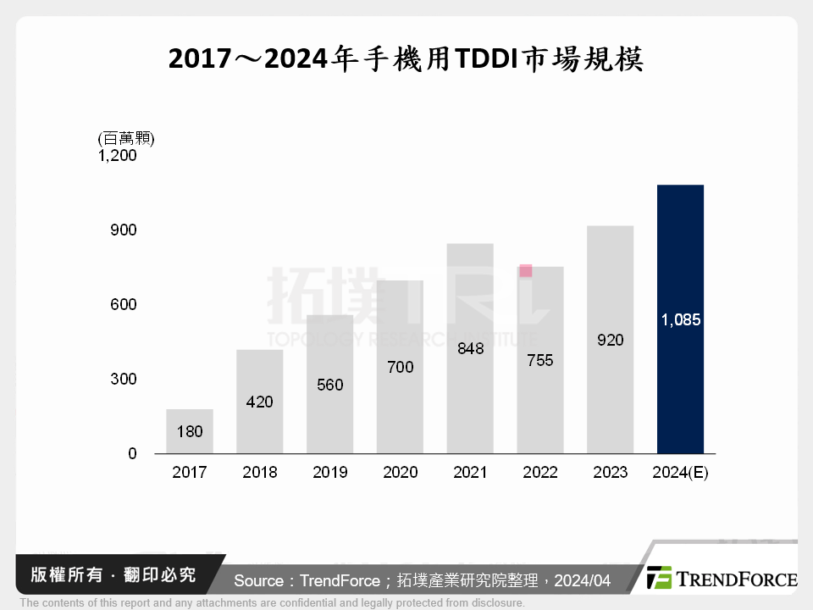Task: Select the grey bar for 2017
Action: coord(190,431)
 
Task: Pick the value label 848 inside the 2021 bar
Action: coord(470,348)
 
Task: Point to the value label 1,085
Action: coord(680,320)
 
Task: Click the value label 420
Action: coord(260,402)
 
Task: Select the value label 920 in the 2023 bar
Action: coord(610,340)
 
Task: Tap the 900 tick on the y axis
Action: coord(123,230)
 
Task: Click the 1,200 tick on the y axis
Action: coord(118,156)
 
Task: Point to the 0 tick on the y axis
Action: coord(132,454)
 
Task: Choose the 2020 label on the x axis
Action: coord(400,473)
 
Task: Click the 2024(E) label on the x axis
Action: coord(680,473)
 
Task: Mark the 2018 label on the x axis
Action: coord(260,473)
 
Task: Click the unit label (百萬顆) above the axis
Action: coord(126,138)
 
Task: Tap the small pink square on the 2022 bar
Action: coord(526,271)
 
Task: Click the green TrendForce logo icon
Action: coord(660,578)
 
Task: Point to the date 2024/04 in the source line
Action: coord(583,580)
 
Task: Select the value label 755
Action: coord(539,360)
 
